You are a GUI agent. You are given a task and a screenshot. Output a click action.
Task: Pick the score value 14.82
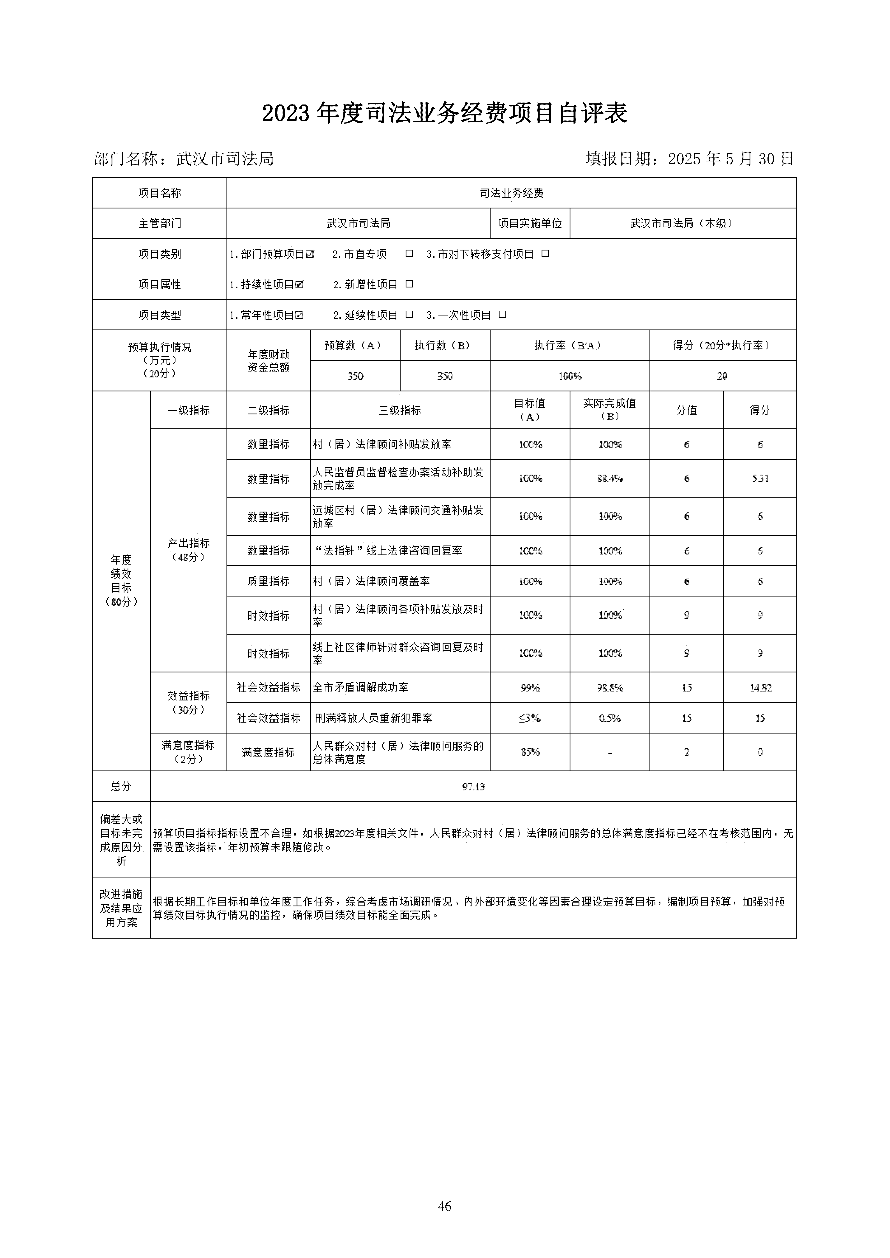(760, 688)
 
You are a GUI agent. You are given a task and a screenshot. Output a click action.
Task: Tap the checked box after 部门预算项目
(310, 254)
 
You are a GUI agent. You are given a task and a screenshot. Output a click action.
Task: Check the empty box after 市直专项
(409, 254)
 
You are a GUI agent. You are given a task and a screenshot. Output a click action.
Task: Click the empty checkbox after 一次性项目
(503, 314)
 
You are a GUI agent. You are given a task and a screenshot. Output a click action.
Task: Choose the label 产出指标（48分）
(189, 550)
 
